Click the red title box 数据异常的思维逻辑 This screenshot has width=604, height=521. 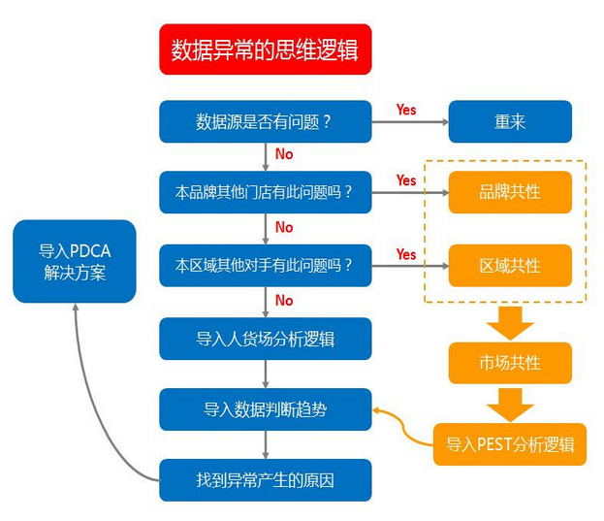click(265, 49)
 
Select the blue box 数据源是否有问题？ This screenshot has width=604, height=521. click(265, 121)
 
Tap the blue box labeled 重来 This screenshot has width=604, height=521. click(510, 121)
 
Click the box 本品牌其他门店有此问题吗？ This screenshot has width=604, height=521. click(265, 192)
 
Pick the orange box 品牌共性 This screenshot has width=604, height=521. click(510, 192)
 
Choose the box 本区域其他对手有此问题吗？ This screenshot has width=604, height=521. click(265, 265)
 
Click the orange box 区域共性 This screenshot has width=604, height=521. click(510, 265)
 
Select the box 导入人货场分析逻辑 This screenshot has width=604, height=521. click(265, 338)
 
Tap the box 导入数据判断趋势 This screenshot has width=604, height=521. click(265, 409)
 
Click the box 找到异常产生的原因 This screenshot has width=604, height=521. click(265, 479)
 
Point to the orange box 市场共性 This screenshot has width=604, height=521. click(510, 363)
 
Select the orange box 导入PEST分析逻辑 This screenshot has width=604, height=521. click(510, 444)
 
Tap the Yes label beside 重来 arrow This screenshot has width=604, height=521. click(406, 110)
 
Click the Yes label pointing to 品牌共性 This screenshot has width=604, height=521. click(406, 180)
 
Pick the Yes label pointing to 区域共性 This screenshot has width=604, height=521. click(406, 254)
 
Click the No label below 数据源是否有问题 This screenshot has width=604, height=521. click(284, 154)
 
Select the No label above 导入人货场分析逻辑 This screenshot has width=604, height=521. click(284, 301)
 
